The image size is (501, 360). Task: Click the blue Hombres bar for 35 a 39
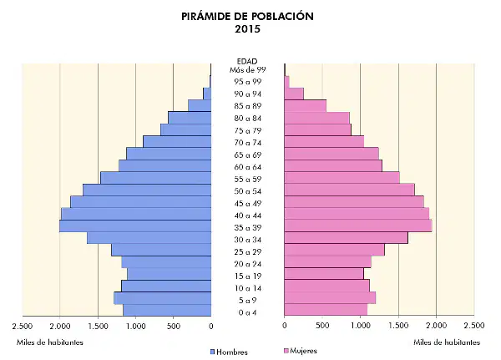tap(135, 226)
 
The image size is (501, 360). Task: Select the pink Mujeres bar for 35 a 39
tap(358, 226)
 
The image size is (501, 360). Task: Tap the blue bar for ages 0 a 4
tap(167, 311)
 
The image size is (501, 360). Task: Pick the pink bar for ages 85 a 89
tap(305, 106)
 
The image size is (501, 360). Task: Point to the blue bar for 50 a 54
tap(147, 190)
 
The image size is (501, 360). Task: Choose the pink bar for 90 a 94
tap(294, 94)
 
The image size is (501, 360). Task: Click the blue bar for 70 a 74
tap(177, 142)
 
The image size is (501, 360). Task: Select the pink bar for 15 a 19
tap(324, 274)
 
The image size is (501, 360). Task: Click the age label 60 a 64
tap(248, 167)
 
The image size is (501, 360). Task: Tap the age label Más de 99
tap(248, 69)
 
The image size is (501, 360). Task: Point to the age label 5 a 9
tap(248, 301)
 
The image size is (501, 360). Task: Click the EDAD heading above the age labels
tap(247, 61)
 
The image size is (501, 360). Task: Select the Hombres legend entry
tap(229, 352)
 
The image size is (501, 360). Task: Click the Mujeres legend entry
tap(301, 351)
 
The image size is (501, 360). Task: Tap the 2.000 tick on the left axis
tap(60, 326)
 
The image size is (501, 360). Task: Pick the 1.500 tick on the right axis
tap(399, 326)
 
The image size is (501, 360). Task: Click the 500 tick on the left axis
tap(173, 326)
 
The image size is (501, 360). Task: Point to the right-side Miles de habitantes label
tap(447, 342)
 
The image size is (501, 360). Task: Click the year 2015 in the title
tap(248, 29)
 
